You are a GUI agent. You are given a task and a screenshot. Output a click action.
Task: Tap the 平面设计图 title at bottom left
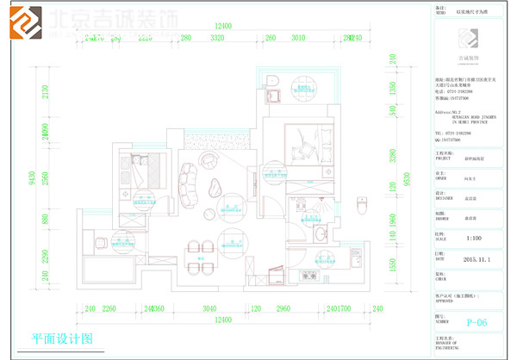pos(61,338)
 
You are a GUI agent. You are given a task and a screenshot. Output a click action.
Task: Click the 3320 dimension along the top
pos(216,39)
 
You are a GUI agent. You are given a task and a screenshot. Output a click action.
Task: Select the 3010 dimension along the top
pos(299,39)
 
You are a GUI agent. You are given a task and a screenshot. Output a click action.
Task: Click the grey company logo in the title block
pos(471,40)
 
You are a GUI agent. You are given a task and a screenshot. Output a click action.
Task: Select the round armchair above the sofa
pos(209,160)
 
